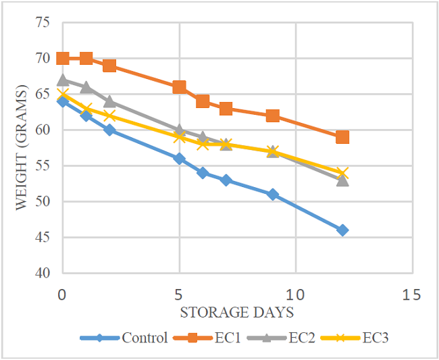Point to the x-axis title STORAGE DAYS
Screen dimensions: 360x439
point(236,312)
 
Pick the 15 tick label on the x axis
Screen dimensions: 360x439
point(411,295)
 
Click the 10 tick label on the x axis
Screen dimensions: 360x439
point(295,295)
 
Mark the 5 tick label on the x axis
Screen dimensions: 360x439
point(179,295)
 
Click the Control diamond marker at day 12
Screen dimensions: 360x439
point(342,230)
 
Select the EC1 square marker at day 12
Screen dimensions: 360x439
point(342,137)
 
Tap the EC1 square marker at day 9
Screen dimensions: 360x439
point(273,115)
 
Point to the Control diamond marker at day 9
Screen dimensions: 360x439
point(273,195)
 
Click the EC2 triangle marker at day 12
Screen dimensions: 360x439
point(342,180)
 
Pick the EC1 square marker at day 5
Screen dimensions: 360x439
point(180,87)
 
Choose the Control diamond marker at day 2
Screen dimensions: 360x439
point(109,130)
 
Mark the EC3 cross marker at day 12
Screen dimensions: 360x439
point(342,173)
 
